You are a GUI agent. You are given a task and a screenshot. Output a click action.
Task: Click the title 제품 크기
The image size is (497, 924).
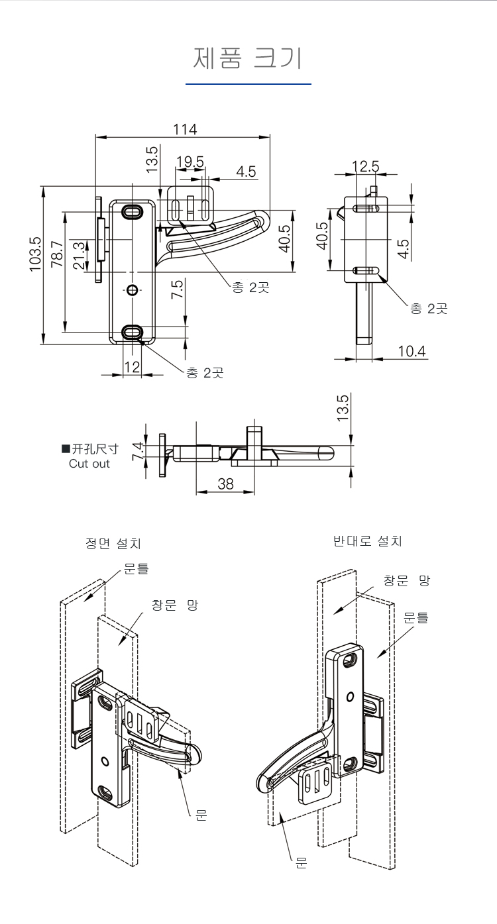pyautogui.click(x=248, y=58)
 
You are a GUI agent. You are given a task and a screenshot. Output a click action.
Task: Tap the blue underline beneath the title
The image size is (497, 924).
pyautogui.click(x=248, y=85)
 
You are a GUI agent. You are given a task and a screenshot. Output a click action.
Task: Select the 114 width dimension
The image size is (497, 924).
pyautogui.click(x=185, y=129)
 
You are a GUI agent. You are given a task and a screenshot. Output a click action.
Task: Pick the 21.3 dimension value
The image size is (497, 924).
pyautogui.click(x=79, y=255)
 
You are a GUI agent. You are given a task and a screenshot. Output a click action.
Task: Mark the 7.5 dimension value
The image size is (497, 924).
pyautogui.click(x=177, y=289)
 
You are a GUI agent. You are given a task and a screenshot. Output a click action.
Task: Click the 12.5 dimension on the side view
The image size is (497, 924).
pyautogui.click(x=365, y=166)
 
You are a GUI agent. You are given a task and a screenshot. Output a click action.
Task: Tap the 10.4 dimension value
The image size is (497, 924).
pyautogui.click(x=412, y=350)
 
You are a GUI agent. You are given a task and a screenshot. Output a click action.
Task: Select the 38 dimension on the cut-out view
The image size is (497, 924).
pyautogui.click(x=225, y=484)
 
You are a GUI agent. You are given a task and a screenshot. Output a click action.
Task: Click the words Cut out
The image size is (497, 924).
pyautogui.click(x=89, y=464)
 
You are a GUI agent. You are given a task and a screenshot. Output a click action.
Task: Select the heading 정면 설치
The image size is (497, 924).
pyautogui.click(x=113, y=544)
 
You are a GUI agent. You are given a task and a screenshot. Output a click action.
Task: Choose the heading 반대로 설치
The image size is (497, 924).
pyautogui.click(x=368, y=541)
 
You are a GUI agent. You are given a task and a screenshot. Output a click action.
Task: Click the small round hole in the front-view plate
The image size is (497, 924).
pyautogui.click(x=133, y=290)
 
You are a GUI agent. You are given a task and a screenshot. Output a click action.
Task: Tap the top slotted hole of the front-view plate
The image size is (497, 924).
pyautogui.click(x=133, y=212)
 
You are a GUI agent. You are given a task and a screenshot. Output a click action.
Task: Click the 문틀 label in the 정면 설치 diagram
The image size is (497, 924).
pyautogui.click(x=136, y=568)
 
